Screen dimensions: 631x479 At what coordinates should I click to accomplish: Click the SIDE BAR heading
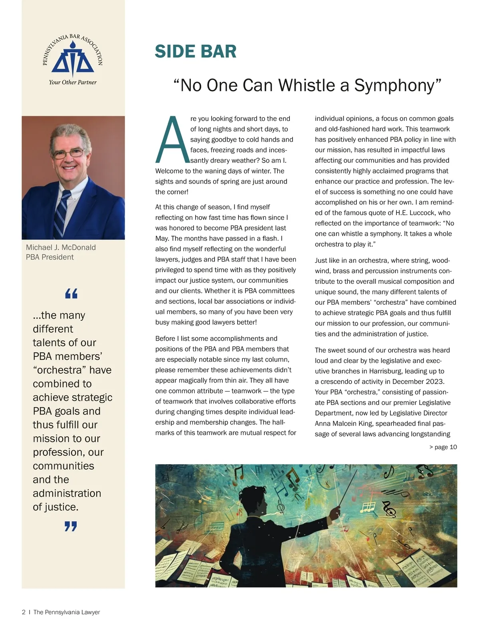tap(195, 51)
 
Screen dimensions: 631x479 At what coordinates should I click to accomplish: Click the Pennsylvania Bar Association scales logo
tap(73, 60)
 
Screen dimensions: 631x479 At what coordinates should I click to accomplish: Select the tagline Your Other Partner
tap(73, 82)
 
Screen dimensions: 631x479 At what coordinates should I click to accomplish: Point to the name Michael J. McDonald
tap(61, 247)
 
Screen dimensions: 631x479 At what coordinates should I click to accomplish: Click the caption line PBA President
tap(50, 257)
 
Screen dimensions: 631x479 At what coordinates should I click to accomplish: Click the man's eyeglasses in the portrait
tap(69, 153)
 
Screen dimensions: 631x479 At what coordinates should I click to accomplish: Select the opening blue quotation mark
tap(71, 294)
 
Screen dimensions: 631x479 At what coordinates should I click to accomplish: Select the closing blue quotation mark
tap(71, 526)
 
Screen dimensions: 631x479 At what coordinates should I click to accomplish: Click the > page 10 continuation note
tap(443, 447)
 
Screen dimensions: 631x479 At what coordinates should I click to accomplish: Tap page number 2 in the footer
tap(24, 612)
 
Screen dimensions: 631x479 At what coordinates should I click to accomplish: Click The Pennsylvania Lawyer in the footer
tap(67, 612)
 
